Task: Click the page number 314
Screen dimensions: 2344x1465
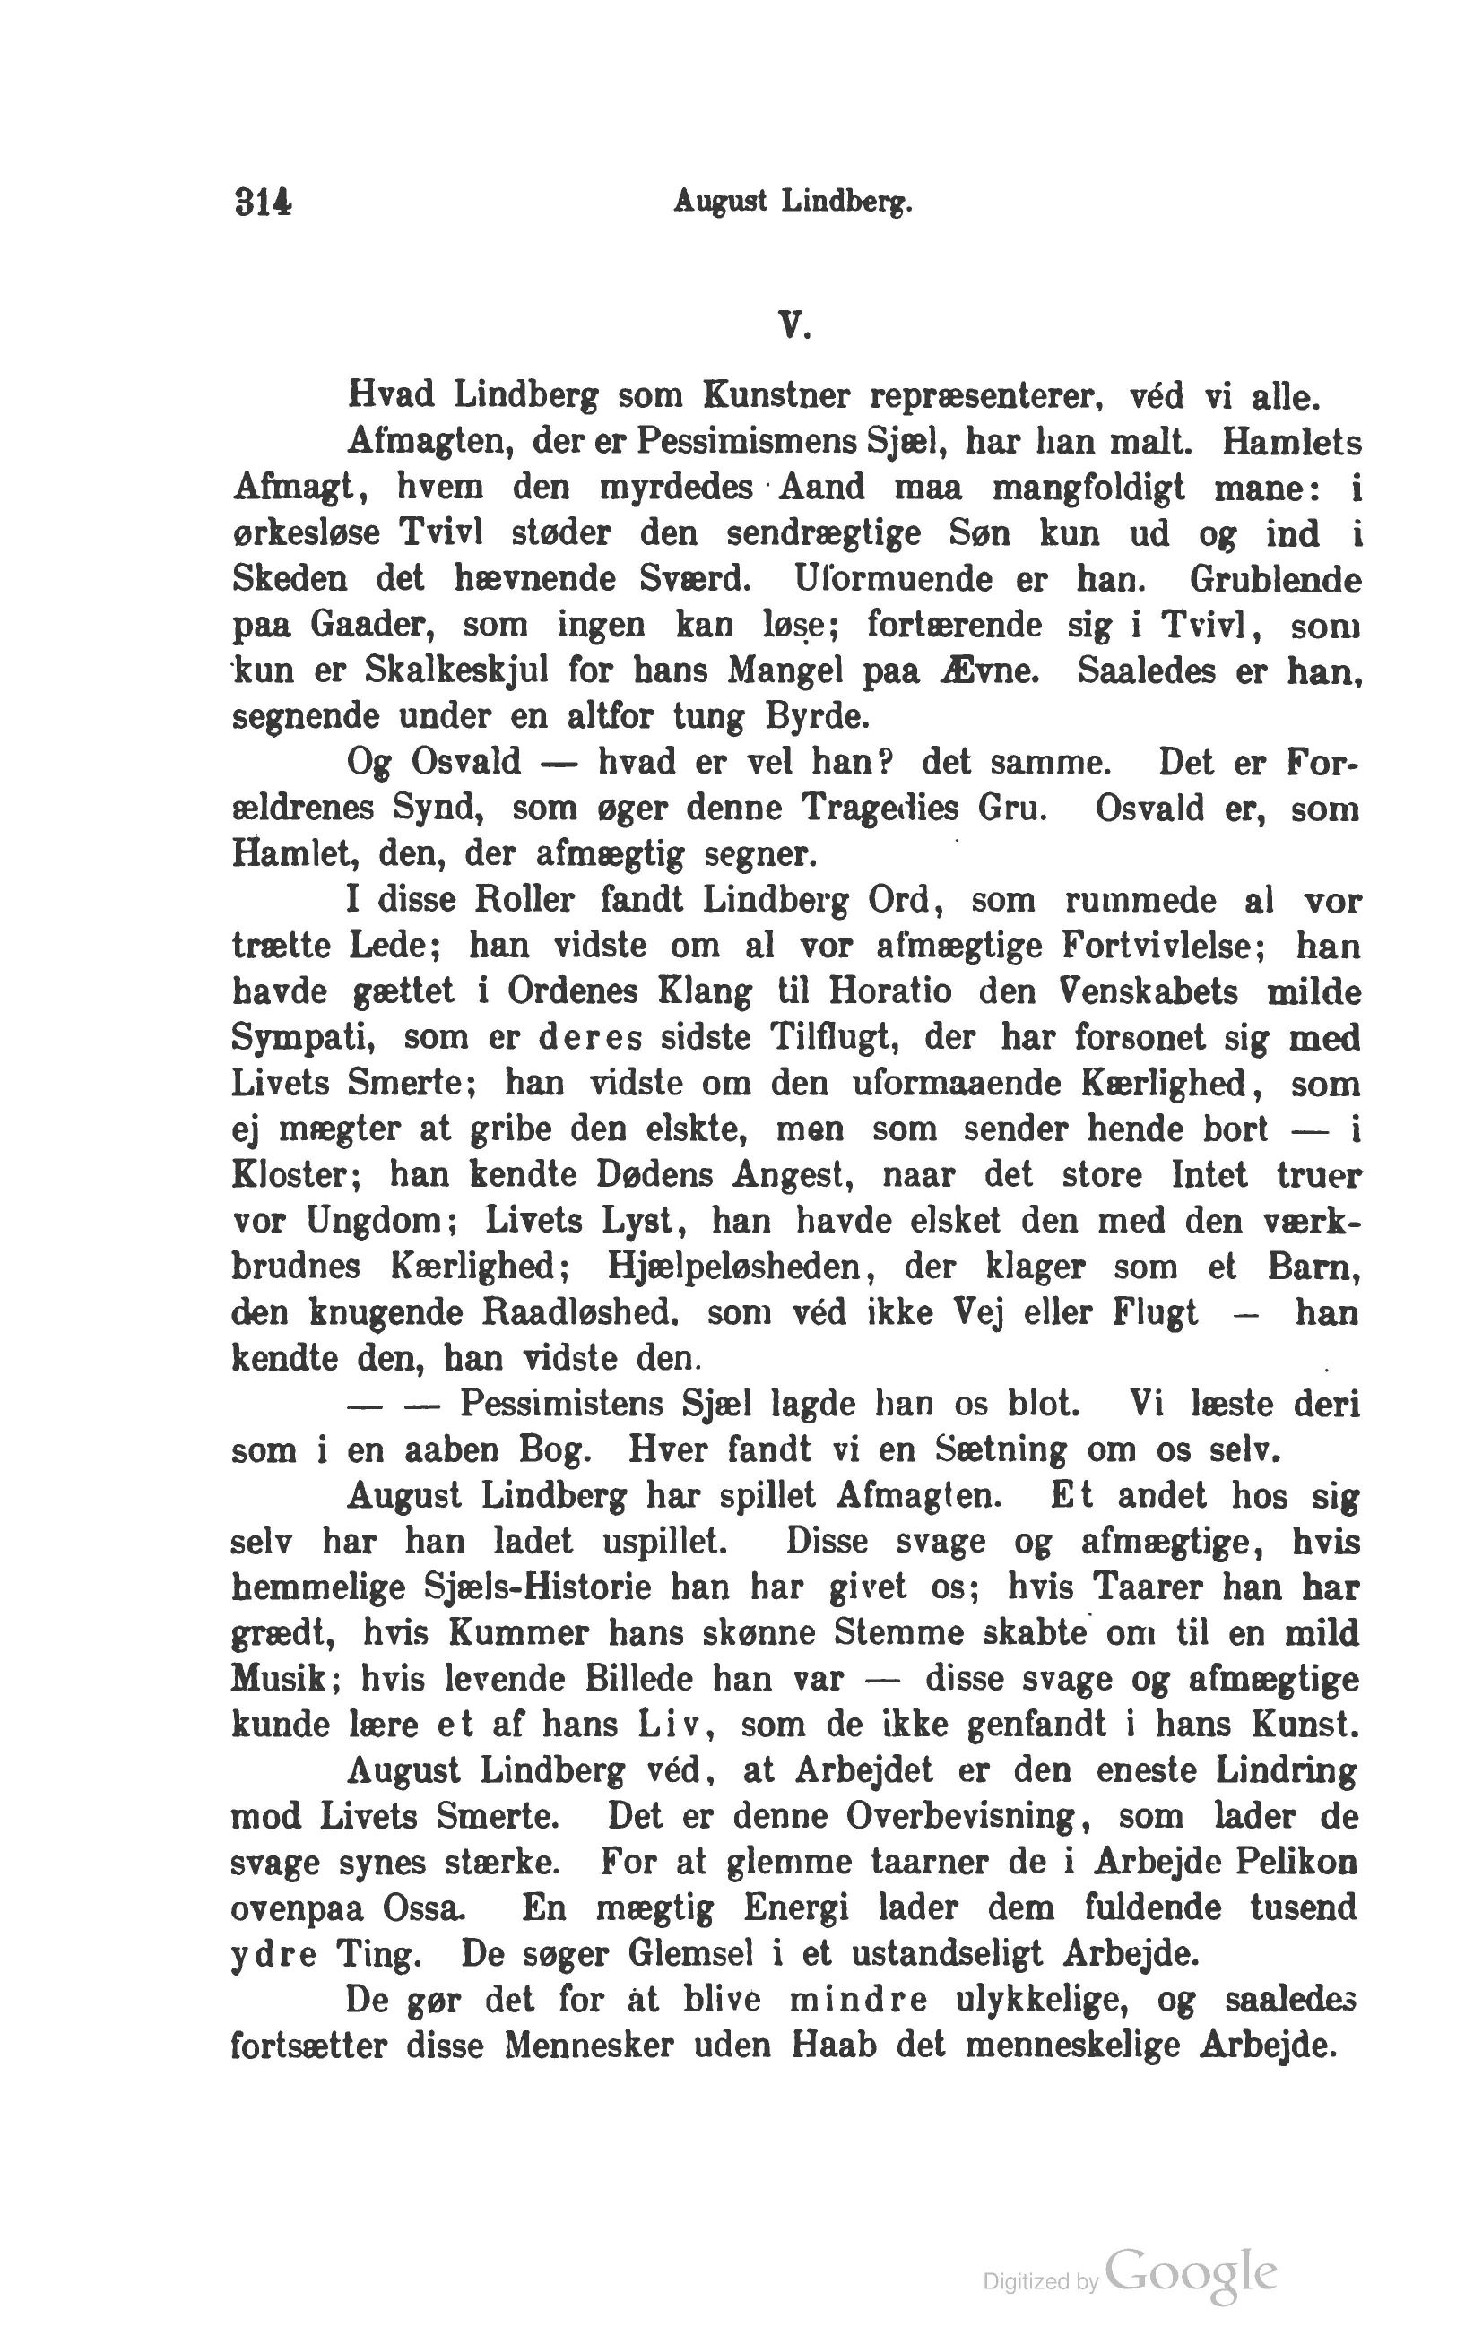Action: coord(263,203)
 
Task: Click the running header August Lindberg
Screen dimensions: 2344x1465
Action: coord(793,203)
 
